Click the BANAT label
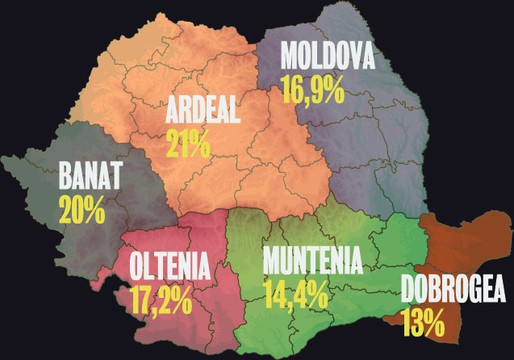coord(89,175)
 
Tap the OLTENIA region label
coord(169,265)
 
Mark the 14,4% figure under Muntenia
coord(295,294)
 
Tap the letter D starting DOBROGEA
coord(408,290)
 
